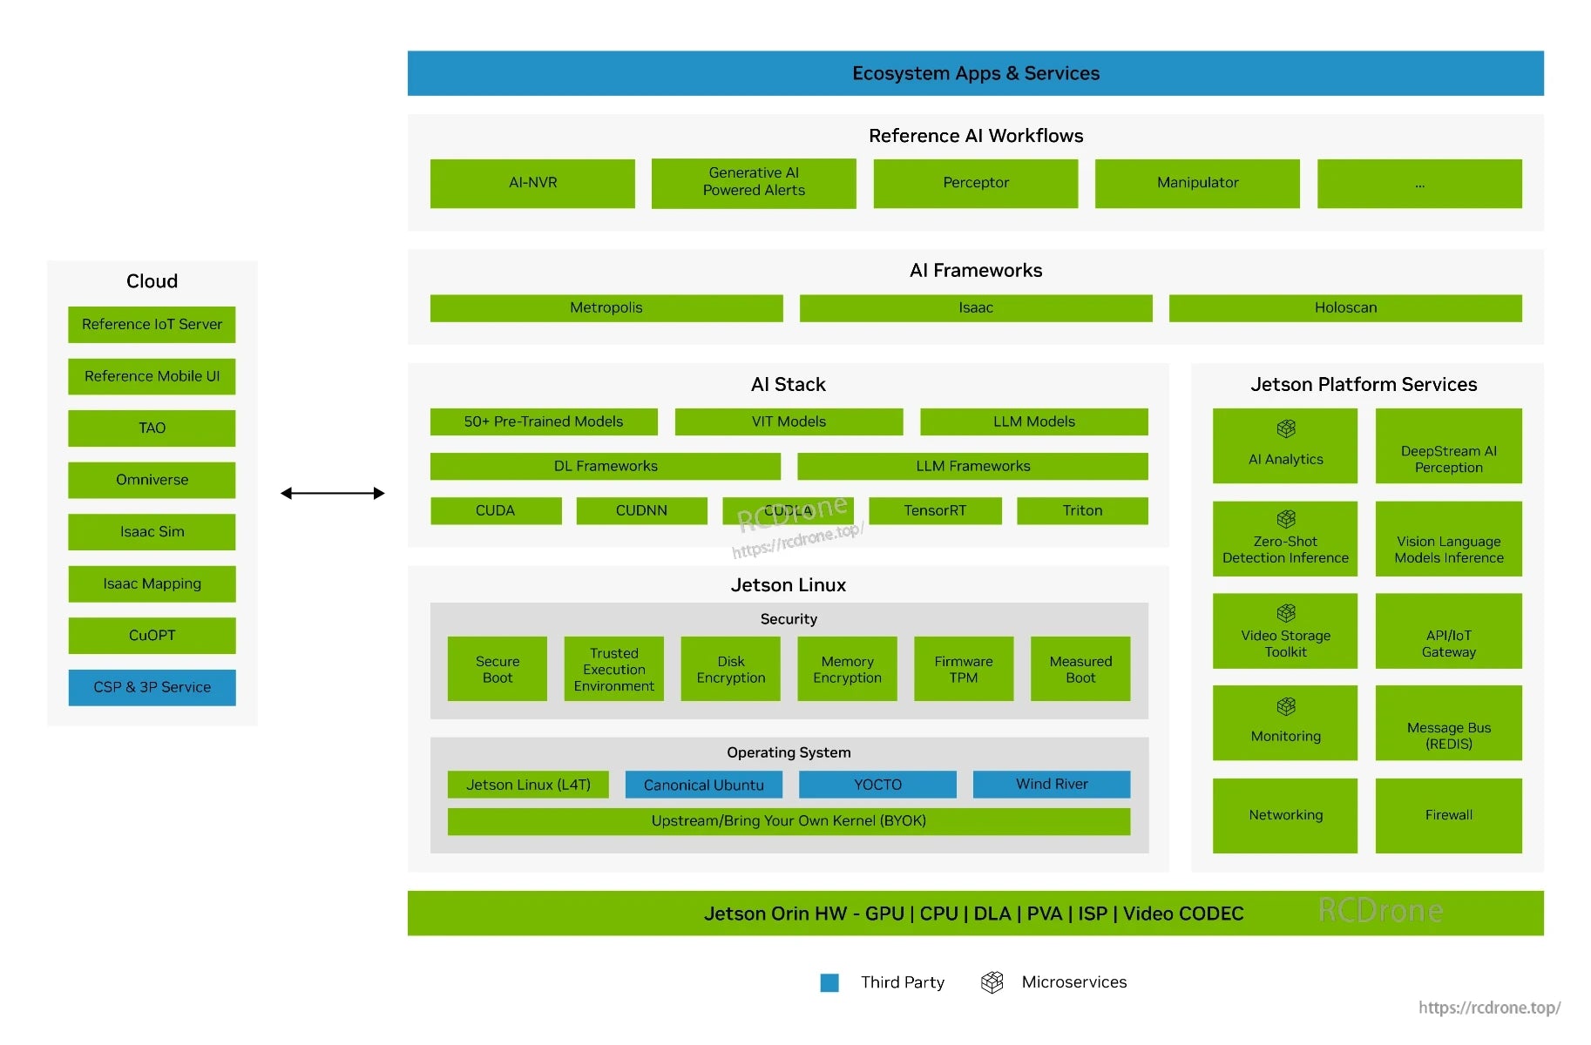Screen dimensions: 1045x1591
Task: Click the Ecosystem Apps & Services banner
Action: point(975,73)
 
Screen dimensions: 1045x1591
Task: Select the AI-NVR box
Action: point(532,183)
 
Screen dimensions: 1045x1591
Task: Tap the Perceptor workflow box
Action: point(975,183)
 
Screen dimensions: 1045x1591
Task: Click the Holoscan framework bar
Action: point(1344,307)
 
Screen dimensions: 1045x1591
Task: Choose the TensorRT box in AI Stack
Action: point(934,510)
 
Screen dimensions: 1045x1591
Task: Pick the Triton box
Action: point(1081,510)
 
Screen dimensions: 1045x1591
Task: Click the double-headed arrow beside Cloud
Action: point(332,493)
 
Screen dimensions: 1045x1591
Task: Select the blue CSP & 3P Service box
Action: point(152,687)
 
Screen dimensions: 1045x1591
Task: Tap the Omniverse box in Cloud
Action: point(152,480)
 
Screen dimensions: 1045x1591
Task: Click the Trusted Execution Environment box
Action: point(613,669)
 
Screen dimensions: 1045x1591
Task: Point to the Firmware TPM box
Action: point(963,669)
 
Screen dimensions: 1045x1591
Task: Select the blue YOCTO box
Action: point(877,784)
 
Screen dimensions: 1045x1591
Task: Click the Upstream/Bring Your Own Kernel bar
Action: point(788,820)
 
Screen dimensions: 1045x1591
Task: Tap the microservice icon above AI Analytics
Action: point(1285,428)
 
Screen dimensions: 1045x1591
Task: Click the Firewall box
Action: point(1447,815)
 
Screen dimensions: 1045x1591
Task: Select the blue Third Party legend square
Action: point(829,982)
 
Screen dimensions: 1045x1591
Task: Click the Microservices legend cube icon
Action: point(992,982)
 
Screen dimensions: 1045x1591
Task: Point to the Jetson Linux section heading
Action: point(788,584)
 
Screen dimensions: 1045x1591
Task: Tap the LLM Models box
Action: point(1033,421)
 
